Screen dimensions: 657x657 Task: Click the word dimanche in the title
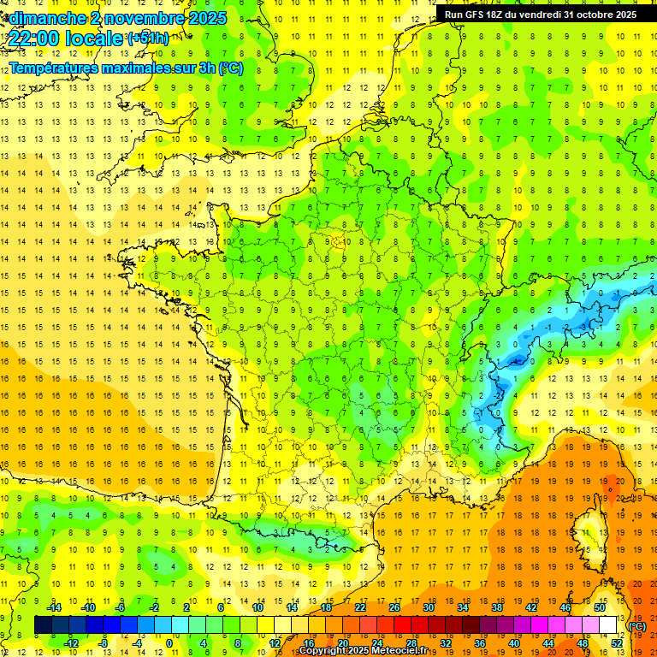tap(44, 17)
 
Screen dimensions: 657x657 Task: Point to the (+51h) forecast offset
tap(148, 38)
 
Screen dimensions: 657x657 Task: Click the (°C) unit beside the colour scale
tap(637, 626)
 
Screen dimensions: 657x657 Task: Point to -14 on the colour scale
tap(54, 607)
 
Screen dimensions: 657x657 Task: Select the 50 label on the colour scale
tap(599, 607)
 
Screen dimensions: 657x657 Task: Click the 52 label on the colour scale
tap(616, 642)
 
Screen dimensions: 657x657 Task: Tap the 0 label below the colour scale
tap(169, 642)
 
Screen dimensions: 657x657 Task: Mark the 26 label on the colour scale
tap(394, 607)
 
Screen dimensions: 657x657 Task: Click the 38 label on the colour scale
tap(496, 607)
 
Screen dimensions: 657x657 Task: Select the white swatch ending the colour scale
tap(608, 625)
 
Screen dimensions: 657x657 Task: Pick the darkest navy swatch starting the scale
tap(43, 625)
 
